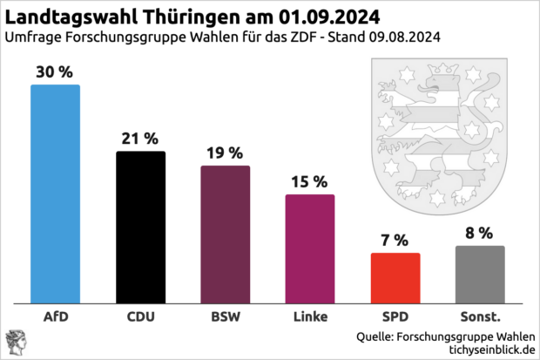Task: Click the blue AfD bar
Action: (55, 194)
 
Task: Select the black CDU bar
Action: (140, 227)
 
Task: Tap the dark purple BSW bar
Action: (225, 234)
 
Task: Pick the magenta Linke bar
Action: (309, 248)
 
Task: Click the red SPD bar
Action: (395, 278)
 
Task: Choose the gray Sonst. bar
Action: (479, 274)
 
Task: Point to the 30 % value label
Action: (55, 72)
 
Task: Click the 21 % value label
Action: (140, 139)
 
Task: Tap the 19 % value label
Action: (225, 153)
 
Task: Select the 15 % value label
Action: (309, 181)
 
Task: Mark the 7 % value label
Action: (395, 240)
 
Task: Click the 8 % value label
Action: (479, 233)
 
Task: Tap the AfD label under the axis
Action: (55, 316)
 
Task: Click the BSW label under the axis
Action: (225, 316)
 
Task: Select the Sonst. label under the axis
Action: (479, 316)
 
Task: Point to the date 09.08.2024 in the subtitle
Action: (400, 37)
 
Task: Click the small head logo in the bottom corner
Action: (15, 343)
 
